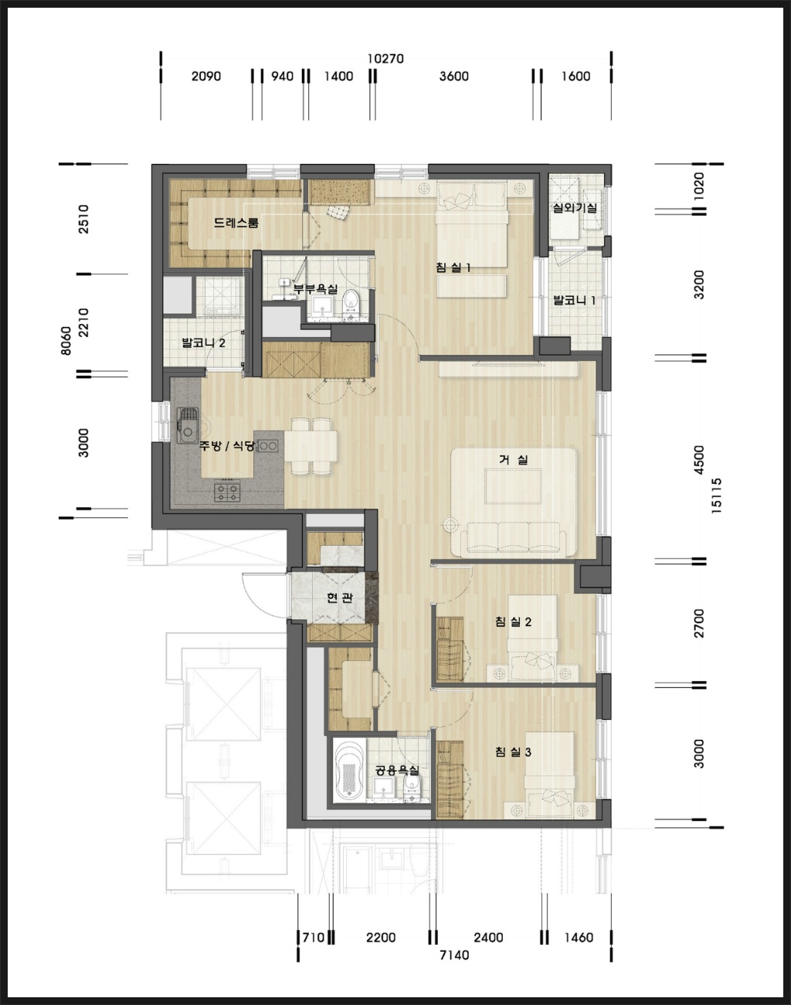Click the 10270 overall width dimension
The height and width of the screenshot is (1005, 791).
385,59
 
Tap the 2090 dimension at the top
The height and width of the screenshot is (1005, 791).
205,76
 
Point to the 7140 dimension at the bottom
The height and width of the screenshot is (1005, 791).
454,955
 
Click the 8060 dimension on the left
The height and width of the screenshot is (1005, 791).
66,340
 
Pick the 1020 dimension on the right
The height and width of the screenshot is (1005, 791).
698,186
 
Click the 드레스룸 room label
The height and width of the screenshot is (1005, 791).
236,223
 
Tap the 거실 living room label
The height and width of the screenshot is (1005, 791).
514,459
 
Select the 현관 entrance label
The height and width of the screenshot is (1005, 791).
340,598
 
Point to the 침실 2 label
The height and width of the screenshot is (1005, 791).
514,622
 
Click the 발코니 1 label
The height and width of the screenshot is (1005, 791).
574,300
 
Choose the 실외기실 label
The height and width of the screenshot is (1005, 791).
575,208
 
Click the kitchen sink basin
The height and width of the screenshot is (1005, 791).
188,425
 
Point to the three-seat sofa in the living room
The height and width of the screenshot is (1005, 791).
514,539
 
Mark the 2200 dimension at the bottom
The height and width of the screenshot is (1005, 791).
381,937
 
